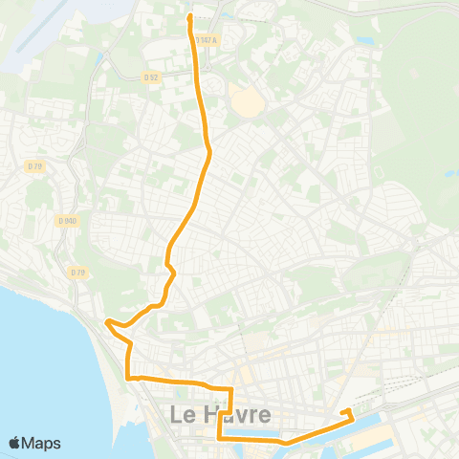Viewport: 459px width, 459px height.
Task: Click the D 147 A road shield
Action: pyautogui.click(x=207, y=40)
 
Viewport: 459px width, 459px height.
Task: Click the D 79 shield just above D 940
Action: pyautogui.click(x=35, y=166)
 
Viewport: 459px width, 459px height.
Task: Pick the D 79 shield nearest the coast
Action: pyautogui.click(x=76, y=273)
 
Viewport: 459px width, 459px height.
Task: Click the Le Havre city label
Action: pyautogui.click(x=219, y=415)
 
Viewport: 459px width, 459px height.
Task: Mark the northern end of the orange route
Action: pyautogui.click(x=189, y=16)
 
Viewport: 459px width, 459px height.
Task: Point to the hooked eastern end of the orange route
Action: pyautogui.click(x=351, y=412)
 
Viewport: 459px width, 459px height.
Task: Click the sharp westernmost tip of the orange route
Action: pyautogui.click(x=106, y=322)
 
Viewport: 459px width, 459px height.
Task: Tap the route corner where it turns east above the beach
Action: pyautogui.click(x=128, y=379)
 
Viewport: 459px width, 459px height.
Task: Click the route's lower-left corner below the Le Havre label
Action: pyautogui.click(x=219, y=437)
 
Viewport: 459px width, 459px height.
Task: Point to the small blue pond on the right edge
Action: pyautogui.click(x=449, y=174)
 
